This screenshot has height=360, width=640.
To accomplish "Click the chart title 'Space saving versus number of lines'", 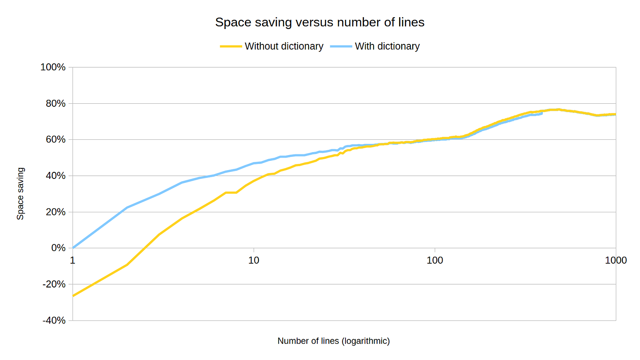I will [x=320, y=22].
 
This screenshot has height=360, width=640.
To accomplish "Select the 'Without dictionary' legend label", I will [x=284, y=46].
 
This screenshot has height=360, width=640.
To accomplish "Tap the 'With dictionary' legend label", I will [x=387, y=46].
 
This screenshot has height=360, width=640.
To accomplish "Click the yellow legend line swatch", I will [x=231, y=46].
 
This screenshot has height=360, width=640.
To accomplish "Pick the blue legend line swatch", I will [x=341, y=46].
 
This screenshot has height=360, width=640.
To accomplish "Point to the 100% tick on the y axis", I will [x=54, y=67].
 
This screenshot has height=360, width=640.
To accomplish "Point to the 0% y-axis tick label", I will [x=58, y=248].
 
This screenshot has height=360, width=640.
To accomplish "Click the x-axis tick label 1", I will [x=73, y=260].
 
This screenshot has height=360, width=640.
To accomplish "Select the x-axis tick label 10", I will [x=254, y=260].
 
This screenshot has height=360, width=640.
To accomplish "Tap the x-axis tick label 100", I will [x=435, y=260].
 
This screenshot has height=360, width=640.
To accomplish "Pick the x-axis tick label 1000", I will [x=615, y=260].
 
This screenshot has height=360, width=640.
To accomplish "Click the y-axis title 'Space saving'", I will [x=20, y=193].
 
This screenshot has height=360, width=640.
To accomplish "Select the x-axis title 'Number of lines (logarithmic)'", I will [x=334, y=341].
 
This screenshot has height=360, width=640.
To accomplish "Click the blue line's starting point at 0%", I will [x=73, y=248].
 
